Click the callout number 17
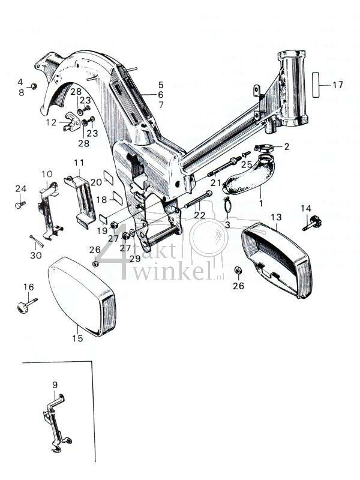[338, 85]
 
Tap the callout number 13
[276, 217]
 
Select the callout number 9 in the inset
[55, 385]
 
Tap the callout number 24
[20, 189]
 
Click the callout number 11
[79, 163]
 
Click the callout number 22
[200, 215]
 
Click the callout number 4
[20, 82]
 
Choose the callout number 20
[96, 182]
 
